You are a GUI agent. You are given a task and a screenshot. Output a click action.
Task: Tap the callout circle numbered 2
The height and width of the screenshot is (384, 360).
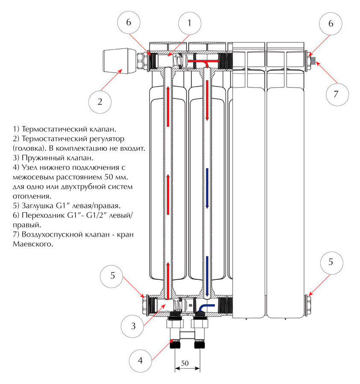point(100,102)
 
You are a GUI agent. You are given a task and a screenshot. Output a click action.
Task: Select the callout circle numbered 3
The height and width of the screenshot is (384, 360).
point(133,326)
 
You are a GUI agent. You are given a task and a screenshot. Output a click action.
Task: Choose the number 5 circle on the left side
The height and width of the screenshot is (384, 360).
point(112,275)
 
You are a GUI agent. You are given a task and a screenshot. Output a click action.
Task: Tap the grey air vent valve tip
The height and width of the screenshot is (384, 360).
point(314,60)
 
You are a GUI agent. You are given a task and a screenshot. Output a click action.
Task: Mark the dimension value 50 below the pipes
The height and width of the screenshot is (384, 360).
point(185,363)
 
